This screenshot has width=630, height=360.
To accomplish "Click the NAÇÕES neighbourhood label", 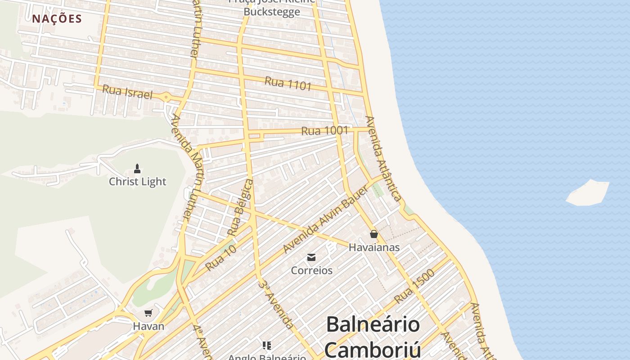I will [57, 18].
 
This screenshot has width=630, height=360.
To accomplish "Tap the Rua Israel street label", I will [127, 92].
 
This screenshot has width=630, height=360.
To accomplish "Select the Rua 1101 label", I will [288, 83].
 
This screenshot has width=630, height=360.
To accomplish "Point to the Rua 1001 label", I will [324, 131].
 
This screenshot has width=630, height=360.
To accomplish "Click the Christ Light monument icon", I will [137, 169].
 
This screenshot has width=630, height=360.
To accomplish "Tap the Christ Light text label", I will [137, 181].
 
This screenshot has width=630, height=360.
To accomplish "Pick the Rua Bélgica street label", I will [240, 207].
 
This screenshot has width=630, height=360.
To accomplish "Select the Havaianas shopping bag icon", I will [373, 234].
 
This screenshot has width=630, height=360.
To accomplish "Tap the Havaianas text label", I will [374, 247].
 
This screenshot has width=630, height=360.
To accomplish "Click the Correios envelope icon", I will [311, 257].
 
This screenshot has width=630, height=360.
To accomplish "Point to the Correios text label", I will [311, 270].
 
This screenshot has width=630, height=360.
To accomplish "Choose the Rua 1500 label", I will [414, 286].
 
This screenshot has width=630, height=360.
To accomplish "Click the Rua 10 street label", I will [220, 258].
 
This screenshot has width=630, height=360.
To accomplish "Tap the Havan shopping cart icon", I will [148, 313].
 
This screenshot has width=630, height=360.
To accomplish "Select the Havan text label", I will [148, 326].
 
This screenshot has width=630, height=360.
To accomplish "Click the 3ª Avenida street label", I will [276, 304].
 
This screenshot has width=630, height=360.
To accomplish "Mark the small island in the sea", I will [588, 193].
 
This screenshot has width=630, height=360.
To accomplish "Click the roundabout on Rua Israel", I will [166, 96].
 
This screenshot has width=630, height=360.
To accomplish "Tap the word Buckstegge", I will [271, 12].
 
